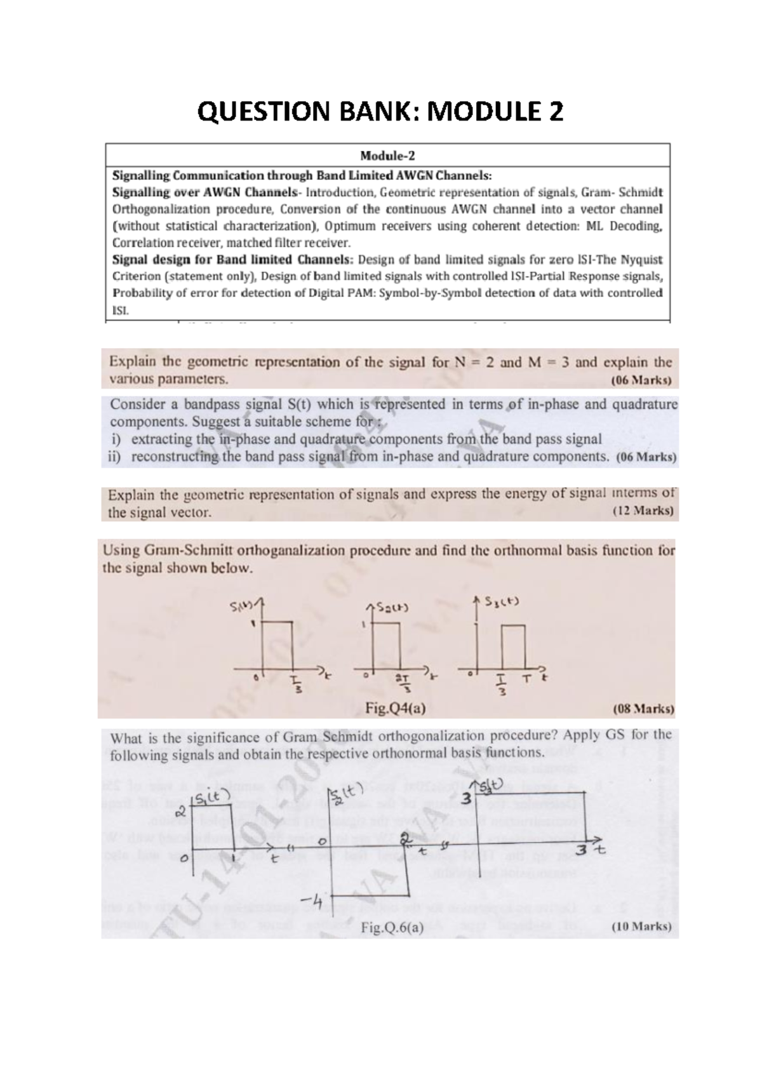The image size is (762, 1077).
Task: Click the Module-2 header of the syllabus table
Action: [387, 156]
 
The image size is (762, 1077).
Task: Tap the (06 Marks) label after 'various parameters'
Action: [641, 381]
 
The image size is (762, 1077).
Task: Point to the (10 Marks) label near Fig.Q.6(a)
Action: [641, 926]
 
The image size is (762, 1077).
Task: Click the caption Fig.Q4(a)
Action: [396, 708]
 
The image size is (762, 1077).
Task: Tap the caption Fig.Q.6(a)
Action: [392, 927]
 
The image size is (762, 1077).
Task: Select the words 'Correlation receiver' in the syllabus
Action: [163, 243]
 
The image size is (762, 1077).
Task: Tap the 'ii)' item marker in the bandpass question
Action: [115, 457]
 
